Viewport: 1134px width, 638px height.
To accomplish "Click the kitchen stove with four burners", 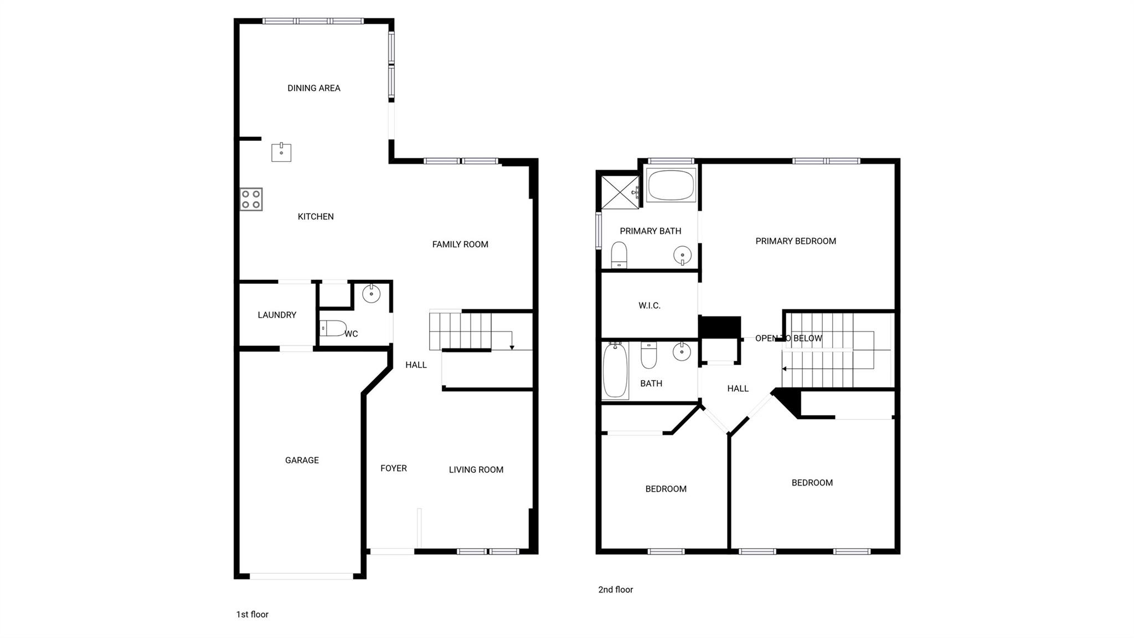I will coord(251,200).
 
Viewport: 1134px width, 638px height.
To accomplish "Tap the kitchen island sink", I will coord(281,152).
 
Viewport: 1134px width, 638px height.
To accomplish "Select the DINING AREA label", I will coord(313,88).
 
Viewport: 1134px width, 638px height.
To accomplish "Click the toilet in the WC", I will coord(333,328).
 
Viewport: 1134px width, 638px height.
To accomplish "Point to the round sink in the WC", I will coord(371,293).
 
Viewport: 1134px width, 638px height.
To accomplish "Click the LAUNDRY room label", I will coord(277,315).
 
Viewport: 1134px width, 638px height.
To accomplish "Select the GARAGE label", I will coord(302,460).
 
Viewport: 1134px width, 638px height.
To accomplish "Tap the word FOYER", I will coord(393,468).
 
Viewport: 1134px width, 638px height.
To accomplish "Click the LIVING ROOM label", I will coord(476,470).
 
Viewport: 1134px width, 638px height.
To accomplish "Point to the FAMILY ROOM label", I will coord(460,244).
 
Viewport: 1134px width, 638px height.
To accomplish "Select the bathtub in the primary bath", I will coord(671,186).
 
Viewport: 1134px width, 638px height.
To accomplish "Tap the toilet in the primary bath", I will coord(619,254).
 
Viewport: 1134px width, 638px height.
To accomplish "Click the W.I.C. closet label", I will coord(649,305).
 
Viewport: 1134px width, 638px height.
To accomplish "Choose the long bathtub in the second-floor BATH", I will coord(615,370).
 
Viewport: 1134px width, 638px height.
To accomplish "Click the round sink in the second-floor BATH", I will coord(682,351).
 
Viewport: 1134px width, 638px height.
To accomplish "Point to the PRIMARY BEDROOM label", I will coord(795,241).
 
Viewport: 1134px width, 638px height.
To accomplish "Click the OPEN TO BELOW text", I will coord(788,338).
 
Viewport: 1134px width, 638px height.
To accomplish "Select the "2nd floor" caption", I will coord(615,590).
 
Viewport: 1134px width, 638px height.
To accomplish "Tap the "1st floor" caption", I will coord(252,614).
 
